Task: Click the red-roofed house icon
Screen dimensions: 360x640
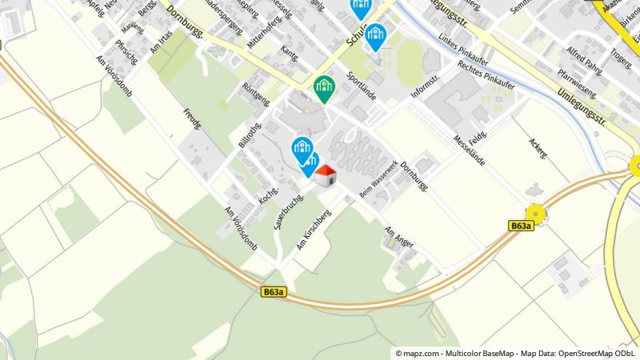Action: click(325, 175)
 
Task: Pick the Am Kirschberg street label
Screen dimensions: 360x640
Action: click(314, 230)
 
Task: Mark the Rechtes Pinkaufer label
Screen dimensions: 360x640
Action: click(486, 76)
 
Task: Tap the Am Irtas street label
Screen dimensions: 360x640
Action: click(161, 38)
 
